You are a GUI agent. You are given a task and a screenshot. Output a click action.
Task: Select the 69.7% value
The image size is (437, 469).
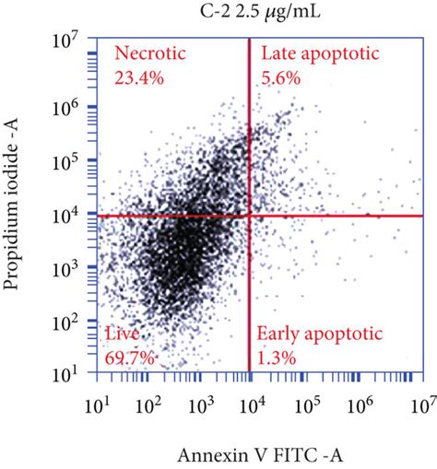pos(130,355)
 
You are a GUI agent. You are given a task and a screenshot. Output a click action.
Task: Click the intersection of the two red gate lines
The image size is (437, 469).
pos(251,216)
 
